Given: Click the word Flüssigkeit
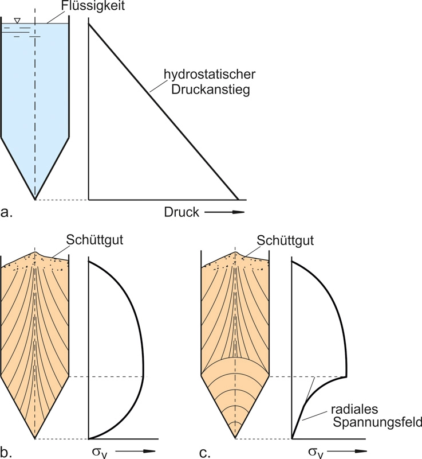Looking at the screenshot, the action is pyautogui.click(x=93, y=6).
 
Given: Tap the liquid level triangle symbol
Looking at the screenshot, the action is pyautogui.click(x=17, y=21).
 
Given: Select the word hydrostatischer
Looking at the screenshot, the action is pyautogui.click(x=210, y=75).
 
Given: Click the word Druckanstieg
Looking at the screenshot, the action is pyautogui.click(x=211, y=90).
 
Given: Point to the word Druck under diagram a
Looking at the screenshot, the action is pyautogui.click(x=182, y=212).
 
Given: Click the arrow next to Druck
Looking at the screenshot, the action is pyautogui.click(x=224, y=212).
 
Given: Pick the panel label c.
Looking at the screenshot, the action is pyautogui.click(x=205, y=452).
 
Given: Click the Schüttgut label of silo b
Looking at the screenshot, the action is pyautogui.click(x=94, y=240).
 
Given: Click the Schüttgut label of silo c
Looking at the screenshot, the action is pyautogui.click(x=285, y=240).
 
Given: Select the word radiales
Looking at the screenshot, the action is pyautogui.click(x=354, y=409).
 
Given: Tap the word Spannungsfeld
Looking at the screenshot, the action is pyautogui.click(x=377, y=423).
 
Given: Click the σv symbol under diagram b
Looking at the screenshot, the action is pyautogui.click(x=100, y=453).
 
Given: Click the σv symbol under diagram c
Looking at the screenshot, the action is pyautogui.click(x=316, y=453).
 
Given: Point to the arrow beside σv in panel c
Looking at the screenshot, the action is pyautogui.click(x=347, y=451).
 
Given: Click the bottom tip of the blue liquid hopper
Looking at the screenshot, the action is pyautogui.click(x=35, y=200).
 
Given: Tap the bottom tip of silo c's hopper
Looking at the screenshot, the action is pyautogui.click(x=235, y=438).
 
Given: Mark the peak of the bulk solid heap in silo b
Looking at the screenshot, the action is pyautogui.click(x=35, y=252).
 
